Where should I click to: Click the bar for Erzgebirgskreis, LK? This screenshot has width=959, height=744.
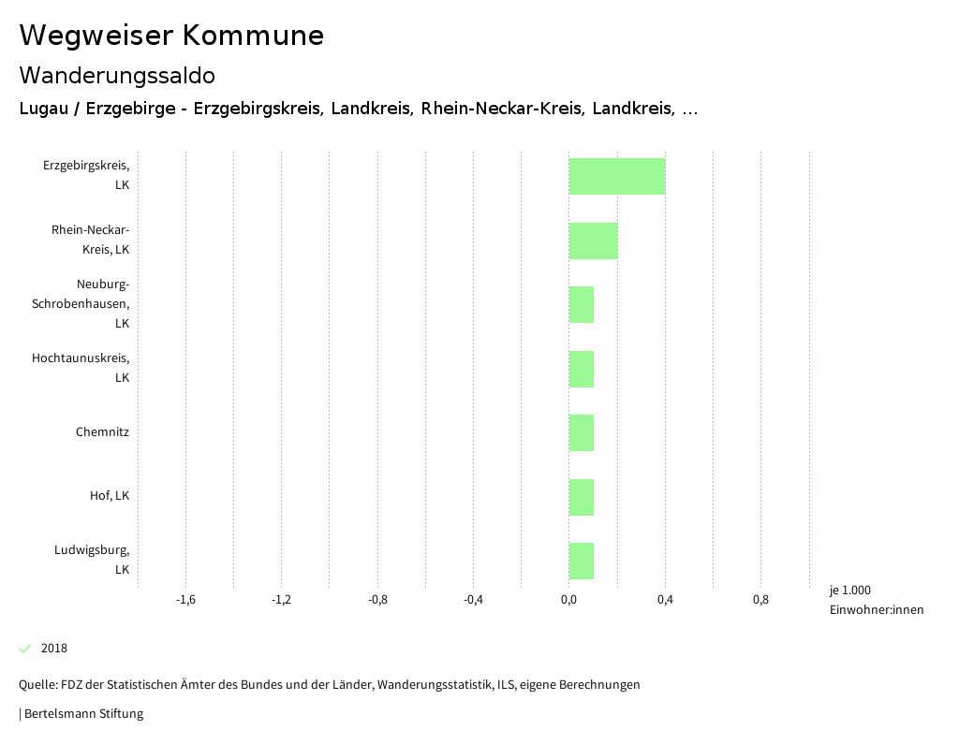point(616,176)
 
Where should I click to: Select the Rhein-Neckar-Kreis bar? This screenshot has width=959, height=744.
point(593,241)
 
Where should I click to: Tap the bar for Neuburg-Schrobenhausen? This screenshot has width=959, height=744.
point(581,304)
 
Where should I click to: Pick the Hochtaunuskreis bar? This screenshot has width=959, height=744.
point(581,369)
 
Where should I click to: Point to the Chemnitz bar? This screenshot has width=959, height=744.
point(581,432)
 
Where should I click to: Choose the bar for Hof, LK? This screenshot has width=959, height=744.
point(581,497)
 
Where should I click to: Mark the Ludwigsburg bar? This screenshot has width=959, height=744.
point(581,561)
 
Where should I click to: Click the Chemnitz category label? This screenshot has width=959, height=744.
point(102,432)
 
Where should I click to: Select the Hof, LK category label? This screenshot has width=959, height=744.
point(109,496)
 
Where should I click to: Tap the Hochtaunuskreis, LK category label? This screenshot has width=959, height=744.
point(81,368)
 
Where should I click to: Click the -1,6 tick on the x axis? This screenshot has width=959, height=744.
point(185,600)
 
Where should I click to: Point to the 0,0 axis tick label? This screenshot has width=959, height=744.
point(568,600)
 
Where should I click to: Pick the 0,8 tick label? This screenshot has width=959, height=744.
point(760,600)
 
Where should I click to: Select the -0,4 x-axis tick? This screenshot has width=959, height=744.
point(473,600)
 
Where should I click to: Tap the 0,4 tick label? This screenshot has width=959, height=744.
point(665,600)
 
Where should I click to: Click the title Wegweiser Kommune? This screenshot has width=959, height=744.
point(171,36)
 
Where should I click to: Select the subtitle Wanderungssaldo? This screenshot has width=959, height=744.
point(117,75)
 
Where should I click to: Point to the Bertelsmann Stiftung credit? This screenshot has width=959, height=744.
point(82,714)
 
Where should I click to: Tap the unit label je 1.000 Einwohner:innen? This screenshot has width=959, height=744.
point(876,600)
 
